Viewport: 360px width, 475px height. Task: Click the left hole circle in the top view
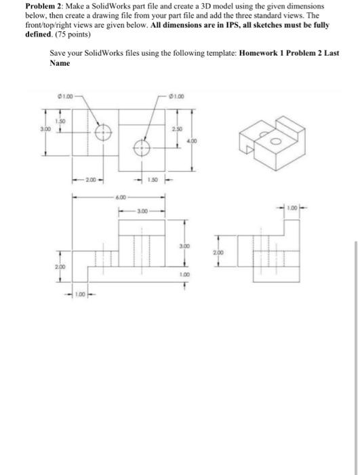pyautogui.click(x=102, y=132)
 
